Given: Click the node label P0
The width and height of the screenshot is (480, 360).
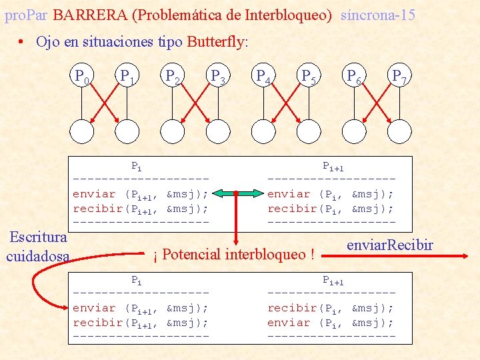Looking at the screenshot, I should [x=82, y=77].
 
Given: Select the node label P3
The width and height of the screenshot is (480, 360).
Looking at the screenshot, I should [x=219, y=77].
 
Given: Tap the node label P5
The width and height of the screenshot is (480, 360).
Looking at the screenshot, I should [x=309, y=77].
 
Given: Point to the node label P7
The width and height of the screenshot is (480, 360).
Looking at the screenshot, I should [x=400, y=77].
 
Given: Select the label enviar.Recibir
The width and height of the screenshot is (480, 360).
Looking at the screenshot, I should [x=390, y=245].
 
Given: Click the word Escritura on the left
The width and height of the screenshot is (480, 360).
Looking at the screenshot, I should [x=37, y=237].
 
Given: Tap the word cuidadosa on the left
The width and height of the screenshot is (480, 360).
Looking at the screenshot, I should [x=37, y=256].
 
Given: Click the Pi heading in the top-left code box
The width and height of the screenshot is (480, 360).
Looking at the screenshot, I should [x=136, y=165].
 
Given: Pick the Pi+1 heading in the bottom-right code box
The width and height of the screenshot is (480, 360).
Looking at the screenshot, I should [x=333, y=281].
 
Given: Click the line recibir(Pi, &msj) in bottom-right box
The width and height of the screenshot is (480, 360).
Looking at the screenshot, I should [x=330, y=308].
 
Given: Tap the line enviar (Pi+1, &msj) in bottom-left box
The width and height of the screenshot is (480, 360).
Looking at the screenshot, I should [x=140, y=308].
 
